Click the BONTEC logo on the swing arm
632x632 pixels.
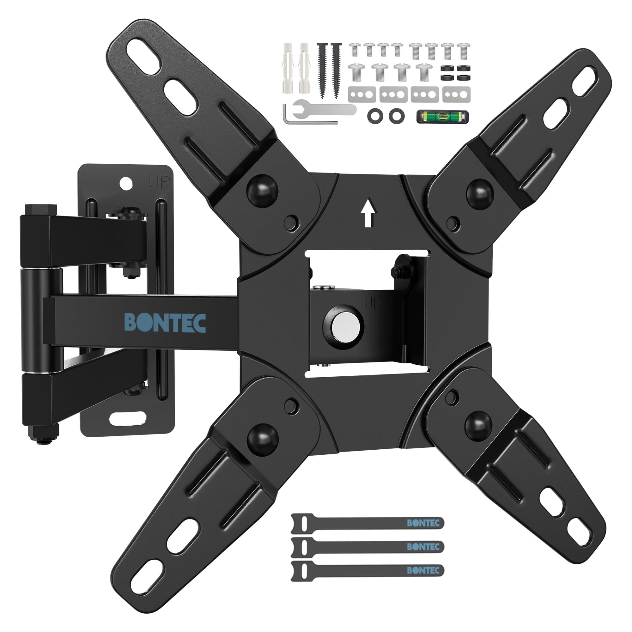tap(165, 323)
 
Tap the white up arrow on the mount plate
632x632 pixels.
tap(368, 214)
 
